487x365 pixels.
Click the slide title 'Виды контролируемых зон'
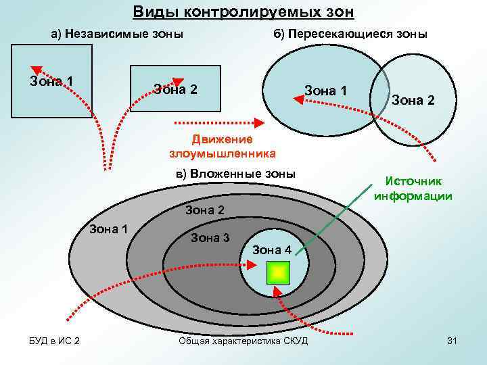[x=243, y=12]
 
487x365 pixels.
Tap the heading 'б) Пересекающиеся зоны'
[x=350, y=34]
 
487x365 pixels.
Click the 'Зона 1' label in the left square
[x=52, y=82]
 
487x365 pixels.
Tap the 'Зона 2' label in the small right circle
[x=413, y=100]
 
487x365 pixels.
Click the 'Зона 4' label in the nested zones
[x=272, y=250]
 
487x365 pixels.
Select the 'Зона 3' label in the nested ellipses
[x=210, y=237]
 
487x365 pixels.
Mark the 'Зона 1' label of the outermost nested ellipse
[x=109, y=228]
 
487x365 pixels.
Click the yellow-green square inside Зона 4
[x=278, y=272]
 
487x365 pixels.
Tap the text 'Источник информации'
[x=413, y=189]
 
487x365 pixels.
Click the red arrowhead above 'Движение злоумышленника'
[x=259, y=123]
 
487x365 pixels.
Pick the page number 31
[x=453, y=341]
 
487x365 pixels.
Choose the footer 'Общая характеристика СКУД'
[x=242, y=341]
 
